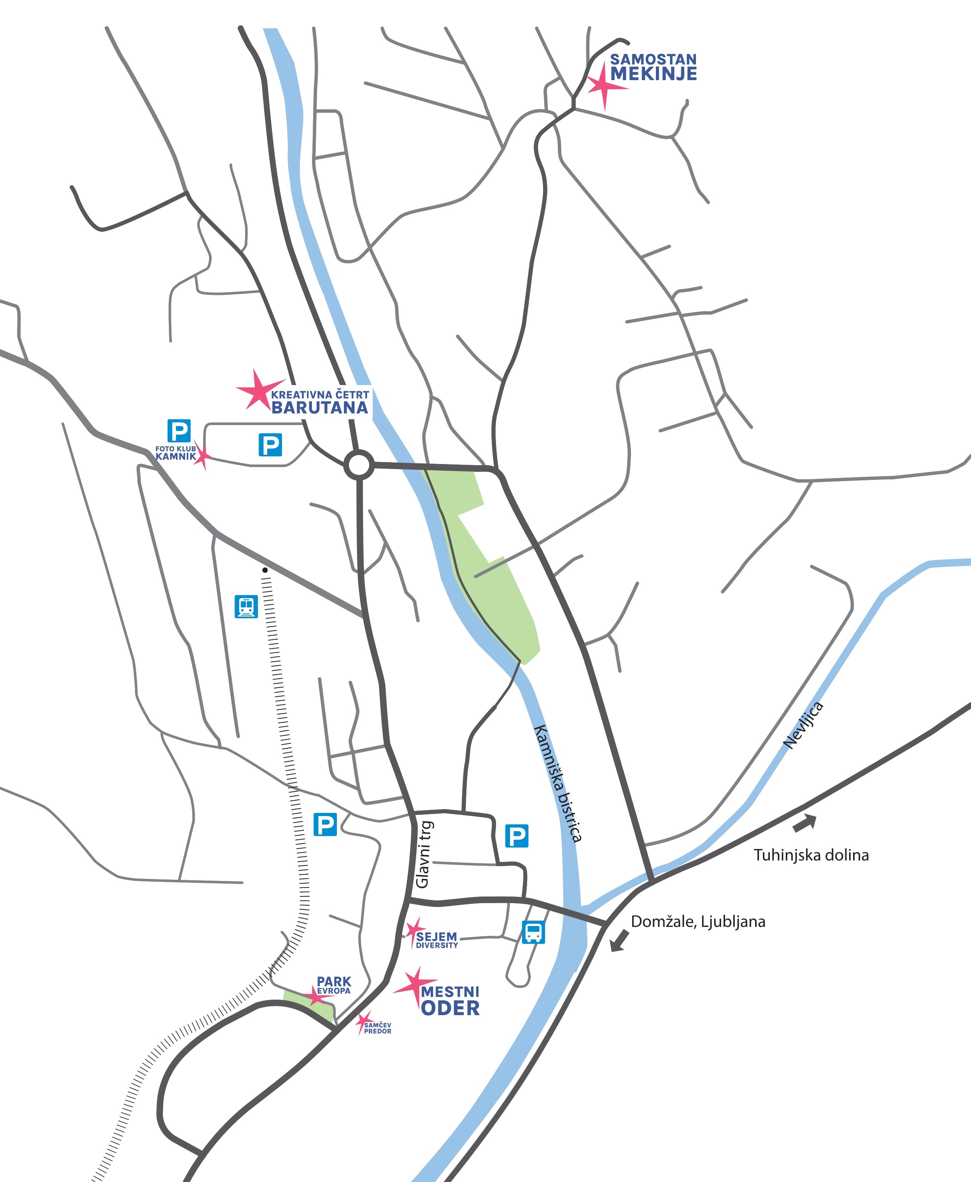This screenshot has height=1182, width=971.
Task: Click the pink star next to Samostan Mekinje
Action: (604, 86)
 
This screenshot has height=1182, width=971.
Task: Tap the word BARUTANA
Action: (319, 408)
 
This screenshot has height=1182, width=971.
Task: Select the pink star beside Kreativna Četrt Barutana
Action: (258, 391)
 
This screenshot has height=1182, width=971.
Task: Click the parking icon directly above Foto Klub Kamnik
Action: (179, 431)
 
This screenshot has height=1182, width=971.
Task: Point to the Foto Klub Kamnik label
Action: (175, 452)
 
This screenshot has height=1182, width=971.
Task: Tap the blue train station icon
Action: (246, 606)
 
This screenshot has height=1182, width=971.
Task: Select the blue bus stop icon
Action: (533, 932)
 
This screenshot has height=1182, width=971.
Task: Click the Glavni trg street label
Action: (423, 855)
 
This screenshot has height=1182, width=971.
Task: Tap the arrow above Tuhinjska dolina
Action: (805, 823)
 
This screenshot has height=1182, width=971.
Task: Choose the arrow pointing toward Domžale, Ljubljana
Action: (619, 940)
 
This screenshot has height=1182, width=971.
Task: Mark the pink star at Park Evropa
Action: (317, 996)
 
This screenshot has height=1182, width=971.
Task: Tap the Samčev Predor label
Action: (378, 1028)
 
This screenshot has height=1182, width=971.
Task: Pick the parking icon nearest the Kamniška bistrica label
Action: (516, 836)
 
